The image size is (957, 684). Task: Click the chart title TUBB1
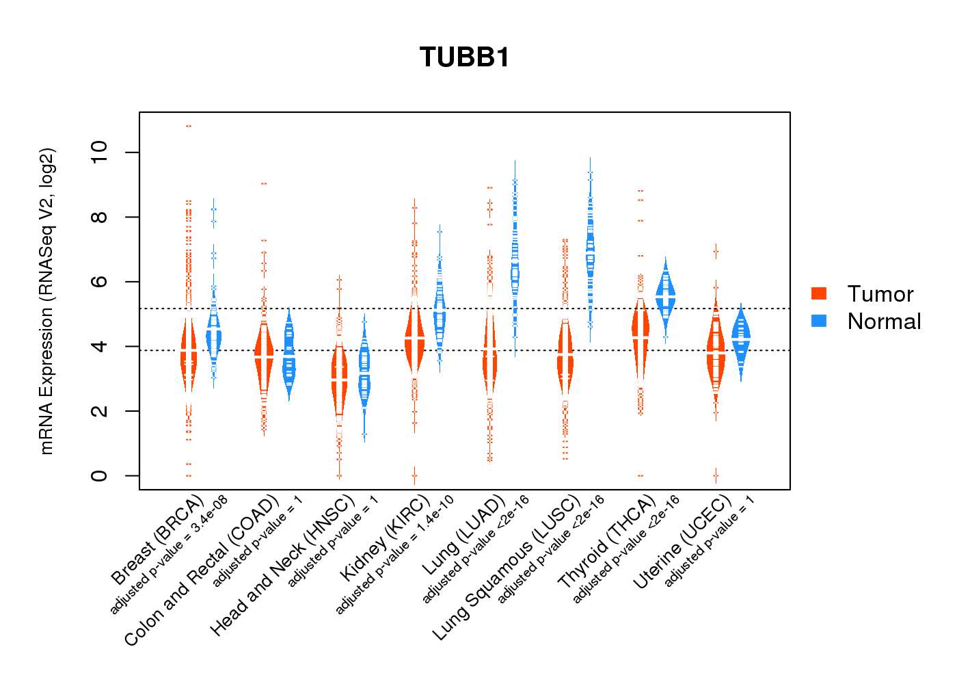coord(465,57)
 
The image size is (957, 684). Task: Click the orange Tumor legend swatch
coord(819,293)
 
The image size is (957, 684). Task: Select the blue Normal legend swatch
coord(819,321)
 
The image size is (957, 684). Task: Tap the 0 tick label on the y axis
coord(99,475)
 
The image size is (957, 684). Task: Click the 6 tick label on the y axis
coord(99,282)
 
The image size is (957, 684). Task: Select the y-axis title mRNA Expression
coord(46,301)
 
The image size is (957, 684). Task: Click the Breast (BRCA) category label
coord(157,540)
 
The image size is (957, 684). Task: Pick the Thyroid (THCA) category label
coord(606,542)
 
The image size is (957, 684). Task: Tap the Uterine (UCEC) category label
coord(682,542)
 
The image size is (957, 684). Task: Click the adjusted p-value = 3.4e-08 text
coord(169,555)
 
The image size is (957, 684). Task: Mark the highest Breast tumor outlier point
coord(189,126)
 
